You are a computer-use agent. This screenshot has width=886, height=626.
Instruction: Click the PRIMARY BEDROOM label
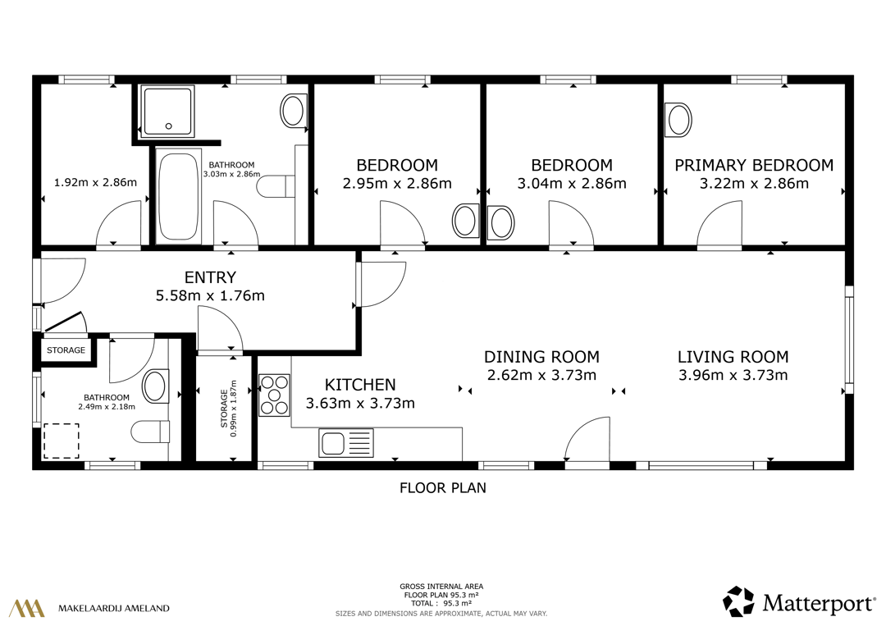click(x=754, y=165)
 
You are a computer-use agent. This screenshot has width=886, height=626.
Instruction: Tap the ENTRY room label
click(x=210, y=277)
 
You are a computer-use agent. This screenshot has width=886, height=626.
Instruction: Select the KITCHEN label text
click(x=360, y=385)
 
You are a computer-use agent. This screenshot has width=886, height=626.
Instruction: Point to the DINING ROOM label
click(x=541, y=357)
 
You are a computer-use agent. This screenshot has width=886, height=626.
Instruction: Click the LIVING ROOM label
click(x=733, y=357)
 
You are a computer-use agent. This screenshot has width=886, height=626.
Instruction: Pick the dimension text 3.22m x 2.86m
click(x=754, y=183)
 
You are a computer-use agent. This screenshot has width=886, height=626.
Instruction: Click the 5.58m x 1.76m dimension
click(x=210, y=295)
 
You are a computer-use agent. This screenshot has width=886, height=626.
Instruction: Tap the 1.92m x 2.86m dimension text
click(x=95, y=182)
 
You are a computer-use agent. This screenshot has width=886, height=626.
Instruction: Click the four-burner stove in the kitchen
click(x=274, y=395)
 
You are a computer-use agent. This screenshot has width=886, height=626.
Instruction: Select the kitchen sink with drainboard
click(x=346, y=443)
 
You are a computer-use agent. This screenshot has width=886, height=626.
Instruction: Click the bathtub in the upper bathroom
click(x=178, y=196)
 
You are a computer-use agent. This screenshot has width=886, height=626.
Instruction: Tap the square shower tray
click(x=167, y=111)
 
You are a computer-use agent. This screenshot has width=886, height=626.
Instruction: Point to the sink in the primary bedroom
click(x=678, y=120)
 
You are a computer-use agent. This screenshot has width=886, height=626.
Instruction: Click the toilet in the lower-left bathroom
click(x=150, y=432)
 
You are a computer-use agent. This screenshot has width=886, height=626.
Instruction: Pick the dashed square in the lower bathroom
click(x=61, y=441)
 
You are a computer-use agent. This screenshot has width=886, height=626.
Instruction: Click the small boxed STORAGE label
click(x=66, y=350)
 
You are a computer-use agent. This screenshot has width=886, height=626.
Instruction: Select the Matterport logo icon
click(x=738, y=601)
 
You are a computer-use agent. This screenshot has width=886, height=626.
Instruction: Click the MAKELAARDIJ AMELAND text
click(x=113, y=609)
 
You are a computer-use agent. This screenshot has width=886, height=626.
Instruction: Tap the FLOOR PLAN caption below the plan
click(x=443, y=488)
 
